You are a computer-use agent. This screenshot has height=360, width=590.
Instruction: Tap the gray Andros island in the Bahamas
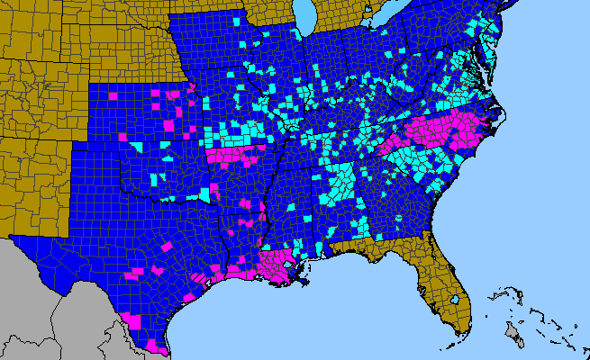(x=513, y=335)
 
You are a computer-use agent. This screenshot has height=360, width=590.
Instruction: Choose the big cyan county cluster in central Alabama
(x=340, y=184)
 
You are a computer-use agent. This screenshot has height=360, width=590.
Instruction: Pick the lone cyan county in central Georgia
(x=396, y=217)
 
